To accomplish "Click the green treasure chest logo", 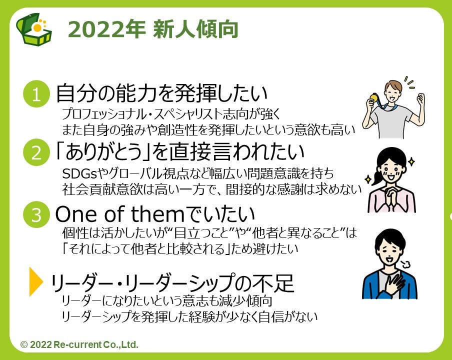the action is tap(34, 29).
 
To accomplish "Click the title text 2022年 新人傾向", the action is tap(153, 29).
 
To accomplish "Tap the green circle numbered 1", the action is tap(36, 94).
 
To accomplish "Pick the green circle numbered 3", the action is tap(36, 214).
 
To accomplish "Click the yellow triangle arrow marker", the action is tap(35, 281).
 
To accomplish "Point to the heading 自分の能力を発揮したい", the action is tap(161, 93).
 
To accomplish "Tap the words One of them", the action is tap(119, 214).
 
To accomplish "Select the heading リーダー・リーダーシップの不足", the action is tap(172, 283).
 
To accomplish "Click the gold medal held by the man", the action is tap(373, 97).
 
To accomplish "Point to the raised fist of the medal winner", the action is tap(420, 98).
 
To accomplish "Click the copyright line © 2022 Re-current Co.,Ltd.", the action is tap(79, 344).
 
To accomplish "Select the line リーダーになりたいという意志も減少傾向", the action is tap(167, 301).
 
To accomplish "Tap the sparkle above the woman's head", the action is tap(411, 161).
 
